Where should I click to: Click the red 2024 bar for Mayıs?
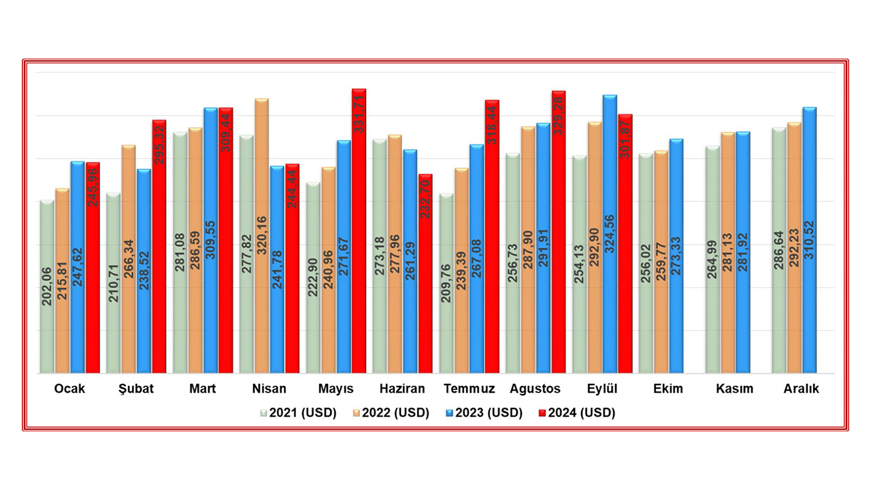click(359, 231)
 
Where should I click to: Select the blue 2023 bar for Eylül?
click(610, 235)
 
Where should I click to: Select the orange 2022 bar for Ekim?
click(661, 262)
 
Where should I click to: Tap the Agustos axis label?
click(535, 389)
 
